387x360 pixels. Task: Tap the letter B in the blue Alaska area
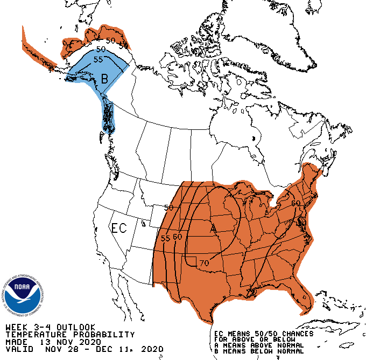click(x=105, y=79)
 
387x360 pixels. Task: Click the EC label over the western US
click(x=119, y=228)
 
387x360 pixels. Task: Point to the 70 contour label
click(x=203, y=263)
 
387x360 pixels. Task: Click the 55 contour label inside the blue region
click(x=98, y=59)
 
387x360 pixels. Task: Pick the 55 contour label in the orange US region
click(x=165, y=238)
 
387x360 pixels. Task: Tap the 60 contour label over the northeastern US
click(x=295, y=203)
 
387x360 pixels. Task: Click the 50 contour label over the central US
click(x=168, y=207)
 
